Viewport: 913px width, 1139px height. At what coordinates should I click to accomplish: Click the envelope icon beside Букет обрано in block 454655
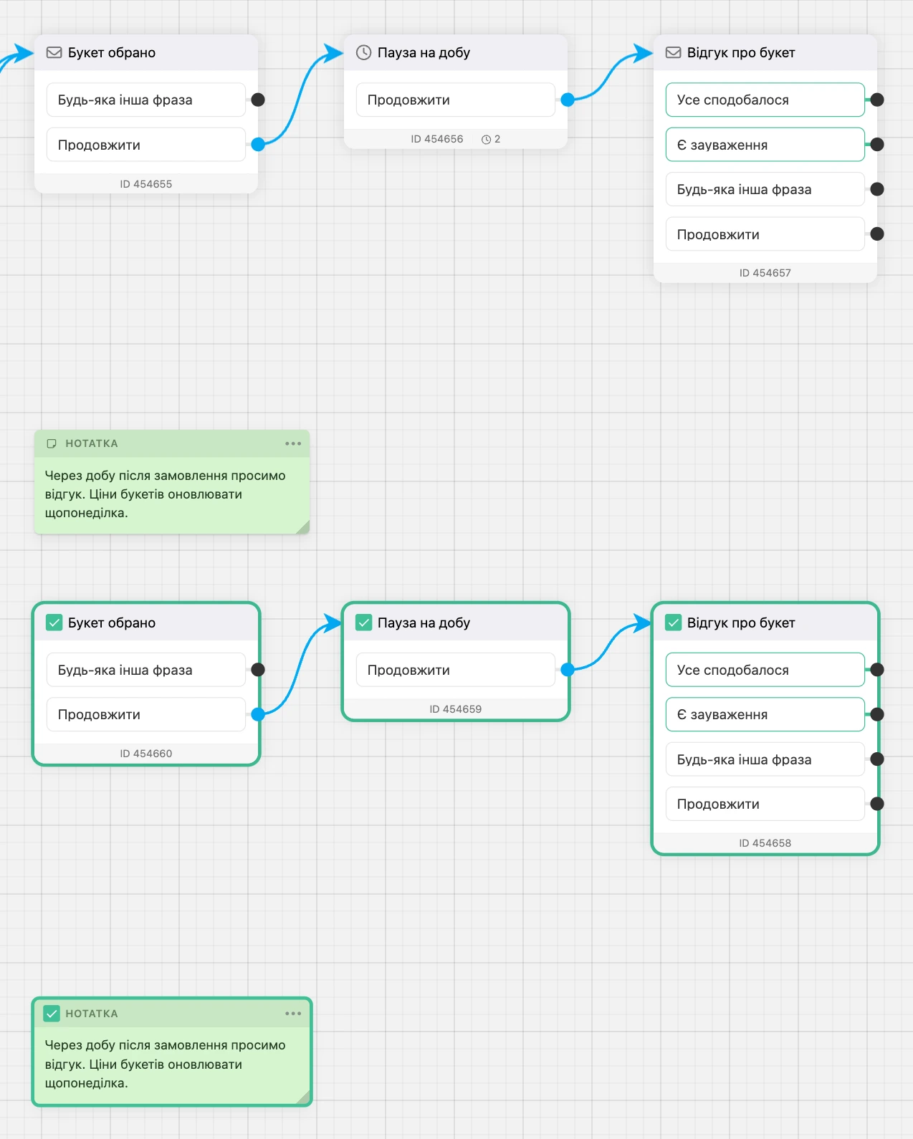pos(54,52)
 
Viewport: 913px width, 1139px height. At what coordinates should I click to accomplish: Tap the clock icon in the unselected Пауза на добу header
pos(363,52)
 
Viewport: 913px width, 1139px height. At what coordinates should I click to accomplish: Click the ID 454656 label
pos(437,139)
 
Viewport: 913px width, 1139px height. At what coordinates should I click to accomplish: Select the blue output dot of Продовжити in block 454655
pos(258,145)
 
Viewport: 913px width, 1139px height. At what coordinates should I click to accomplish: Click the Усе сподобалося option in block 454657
pos(765,100)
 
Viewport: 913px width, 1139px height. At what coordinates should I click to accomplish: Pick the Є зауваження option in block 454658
pos(765,714)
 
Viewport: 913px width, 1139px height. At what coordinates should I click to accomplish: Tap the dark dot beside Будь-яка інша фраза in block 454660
pos(258,670)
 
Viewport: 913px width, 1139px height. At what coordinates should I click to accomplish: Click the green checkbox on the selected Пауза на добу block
pos(363,623)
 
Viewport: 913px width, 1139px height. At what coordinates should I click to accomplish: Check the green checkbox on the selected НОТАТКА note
pos(52,1014)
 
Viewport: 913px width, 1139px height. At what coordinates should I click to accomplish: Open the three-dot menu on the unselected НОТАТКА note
pos(293,443)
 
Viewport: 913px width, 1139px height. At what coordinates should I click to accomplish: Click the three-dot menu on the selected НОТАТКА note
pos(293,1014)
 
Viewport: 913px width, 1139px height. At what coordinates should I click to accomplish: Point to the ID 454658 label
pos(765,843)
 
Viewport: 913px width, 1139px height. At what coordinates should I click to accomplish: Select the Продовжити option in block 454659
pos(456,670)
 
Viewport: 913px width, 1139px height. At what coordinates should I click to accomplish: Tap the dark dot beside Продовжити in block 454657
pos(877,234)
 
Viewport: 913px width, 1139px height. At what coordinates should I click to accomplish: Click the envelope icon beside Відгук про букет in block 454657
pos(673,52)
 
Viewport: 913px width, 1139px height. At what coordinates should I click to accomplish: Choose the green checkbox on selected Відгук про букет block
pos(673,623)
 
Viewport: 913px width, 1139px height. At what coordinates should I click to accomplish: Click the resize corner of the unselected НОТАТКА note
pos(303,527)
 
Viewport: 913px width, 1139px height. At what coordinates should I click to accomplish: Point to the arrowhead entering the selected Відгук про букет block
pos(643,623)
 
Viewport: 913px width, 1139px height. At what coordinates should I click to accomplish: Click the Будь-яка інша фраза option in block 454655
pos(145,100)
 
